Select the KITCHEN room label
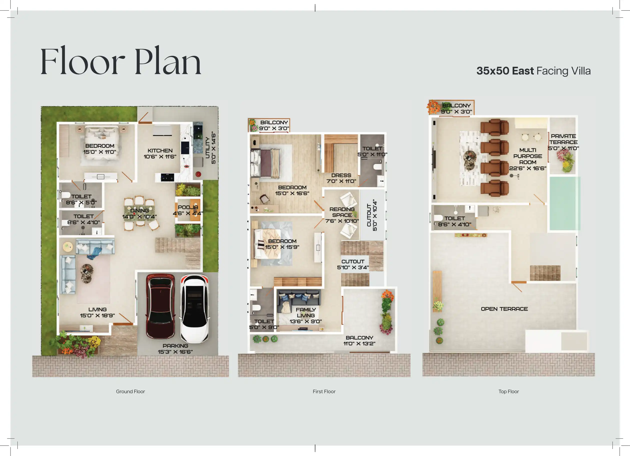(160, 150)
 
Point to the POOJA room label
(188, 207)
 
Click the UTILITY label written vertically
(207, 147)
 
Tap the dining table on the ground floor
(139, 213)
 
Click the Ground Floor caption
(130, 391)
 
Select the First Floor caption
(324, 391)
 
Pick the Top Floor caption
(509, 391)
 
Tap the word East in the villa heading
(523, 71)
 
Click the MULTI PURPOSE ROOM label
(528, 156)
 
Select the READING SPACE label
(342, 212)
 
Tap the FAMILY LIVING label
(306, 312)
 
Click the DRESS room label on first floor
(341, 175)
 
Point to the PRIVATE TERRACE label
(563, 139)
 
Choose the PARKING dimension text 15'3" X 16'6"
(175, 352)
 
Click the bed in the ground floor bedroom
(102, 143)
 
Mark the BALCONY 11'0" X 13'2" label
(359, 341)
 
